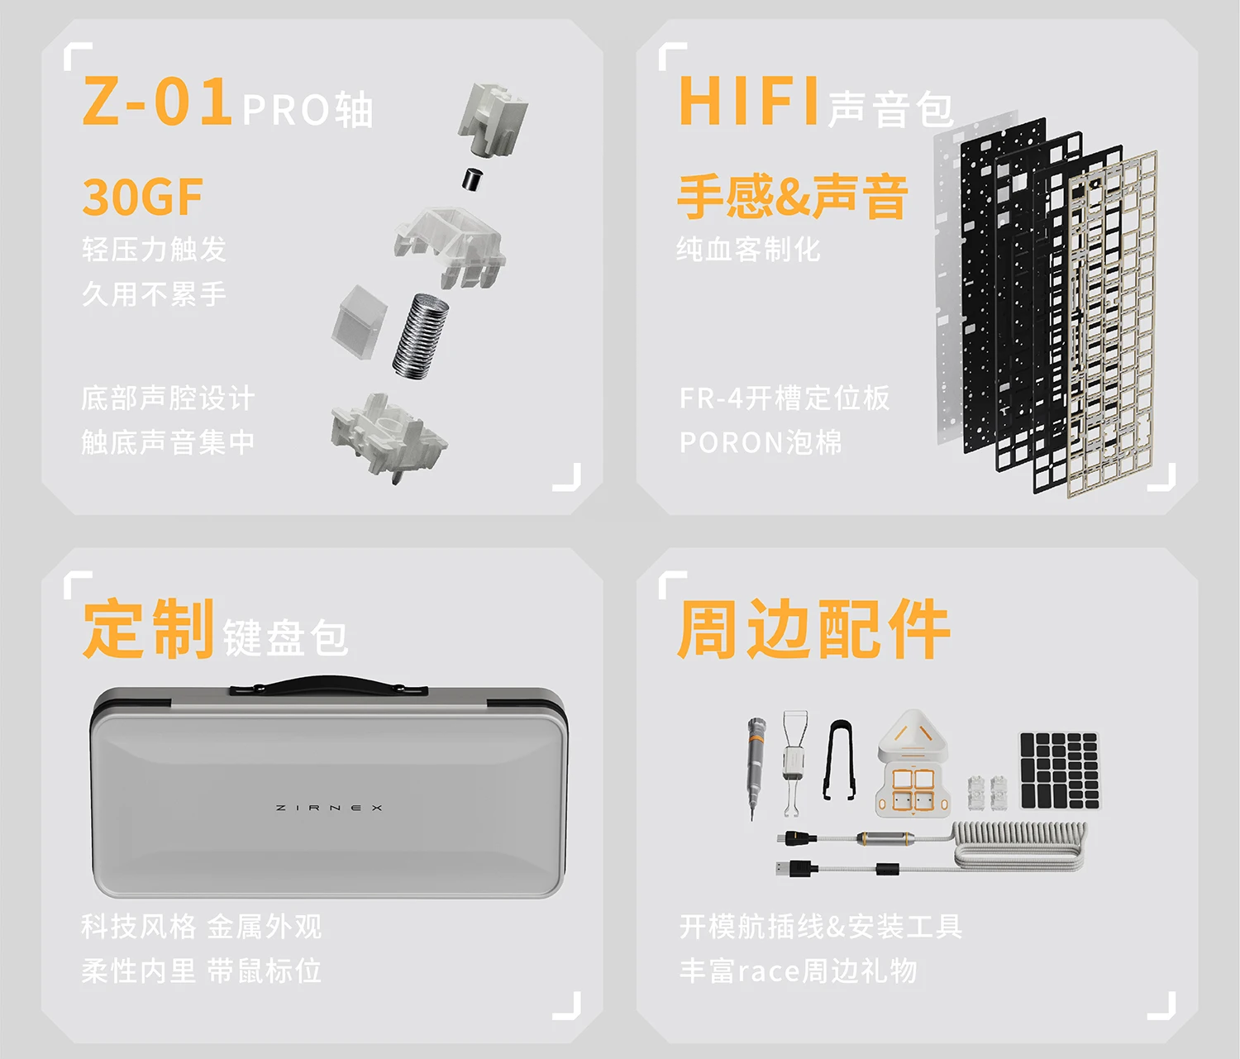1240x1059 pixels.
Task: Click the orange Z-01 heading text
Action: [156, 101]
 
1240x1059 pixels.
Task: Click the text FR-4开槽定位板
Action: [784, 398]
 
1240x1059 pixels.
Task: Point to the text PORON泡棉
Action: [760, 442]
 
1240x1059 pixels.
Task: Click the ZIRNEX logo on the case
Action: [329, 808]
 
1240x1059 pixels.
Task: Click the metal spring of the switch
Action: [421, 336]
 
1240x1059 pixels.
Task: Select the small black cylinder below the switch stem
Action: [474, 179]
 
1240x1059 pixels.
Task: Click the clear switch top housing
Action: [450, 247]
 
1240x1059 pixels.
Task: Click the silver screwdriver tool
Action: [756, 767]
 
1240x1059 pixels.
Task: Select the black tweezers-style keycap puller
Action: [839, 760]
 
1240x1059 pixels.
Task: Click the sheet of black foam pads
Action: [1060, 770]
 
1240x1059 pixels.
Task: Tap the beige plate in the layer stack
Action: [1113, 324]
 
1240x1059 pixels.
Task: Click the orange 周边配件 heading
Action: [813, 629]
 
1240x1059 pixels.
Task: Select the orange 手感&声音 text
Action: [792, 196]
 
